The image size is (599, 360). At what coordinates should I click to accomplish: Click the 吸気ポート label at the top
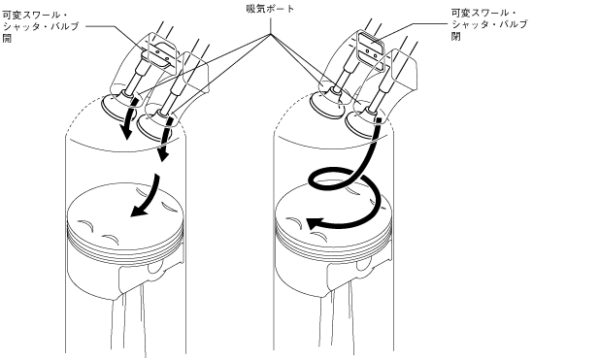point(270,9)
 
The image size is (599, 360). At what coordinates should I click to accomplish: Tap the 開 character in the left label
point(7,38)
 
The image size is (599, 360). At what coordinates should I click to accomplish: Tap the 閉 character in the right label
point(455,36)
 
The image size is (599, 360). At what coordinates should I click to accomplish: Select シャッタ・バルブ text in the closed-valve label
point(489,25)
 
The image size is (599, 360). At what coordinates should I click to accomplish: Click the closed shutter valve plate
point(370,46)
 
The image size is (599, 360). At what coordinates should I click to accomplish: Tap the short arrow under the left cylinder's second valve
point(165,140)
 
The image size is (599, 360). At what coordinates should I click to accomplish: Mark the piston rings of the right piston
point(333,245)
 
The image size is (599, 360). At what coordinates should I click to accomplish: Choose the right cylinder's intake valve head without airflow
point(325,105)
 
